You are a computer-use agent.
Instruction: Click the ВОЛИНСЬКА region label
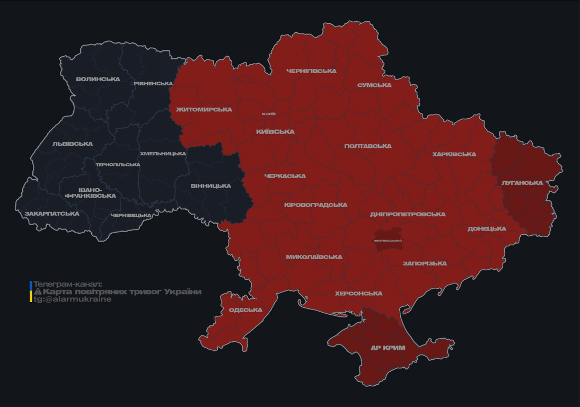tap(98, 79)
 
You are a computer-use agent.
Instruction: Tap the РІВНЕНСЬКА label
tap(153, 84)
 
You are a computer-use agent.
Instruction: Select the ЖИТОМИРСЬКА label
tap(204, 110)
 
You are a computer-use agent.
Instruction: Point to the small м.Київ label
tap(269, 114)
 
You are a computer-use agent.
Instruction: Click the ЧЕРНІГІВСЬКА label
tap(311, 71)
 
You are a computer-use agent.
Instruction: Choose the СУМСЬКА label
tap(374, 85)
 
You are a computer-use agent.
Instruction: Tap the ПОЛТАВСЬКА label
tap(368, 146)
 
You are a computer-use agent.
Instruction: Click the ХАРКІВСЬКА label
tap(454, 155)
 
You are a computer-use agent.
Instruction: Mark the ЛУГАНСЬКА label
tap(522, 183)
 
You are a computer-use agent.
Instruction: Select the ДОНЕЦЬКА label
tap(487, 229)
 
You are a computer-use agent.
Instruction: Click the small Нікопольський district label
tap(388, 241)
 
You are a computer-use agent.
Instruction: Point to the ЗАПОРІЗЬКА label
tap(425, 263)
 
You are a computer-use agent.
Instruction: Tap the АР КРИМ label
tap(388, 348)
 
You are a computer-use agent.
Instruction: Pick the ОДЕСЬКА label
tap(245, 310)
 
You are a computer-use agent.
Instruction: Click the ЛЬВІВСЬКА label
tap(73, 144)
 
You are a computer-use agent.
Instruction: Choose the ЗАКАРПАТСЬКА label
tap(52, 214)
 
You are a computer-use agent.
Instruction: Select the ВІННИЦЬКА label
tap(210, 186)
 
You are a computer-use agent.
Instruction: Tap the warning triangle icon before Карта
tap(38, 292)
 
